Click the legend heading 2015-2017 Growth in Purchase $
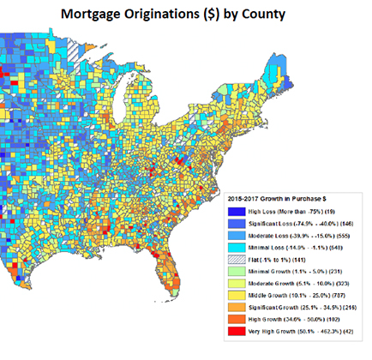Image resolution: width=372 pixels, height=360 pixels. click(x=271, y=199)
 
